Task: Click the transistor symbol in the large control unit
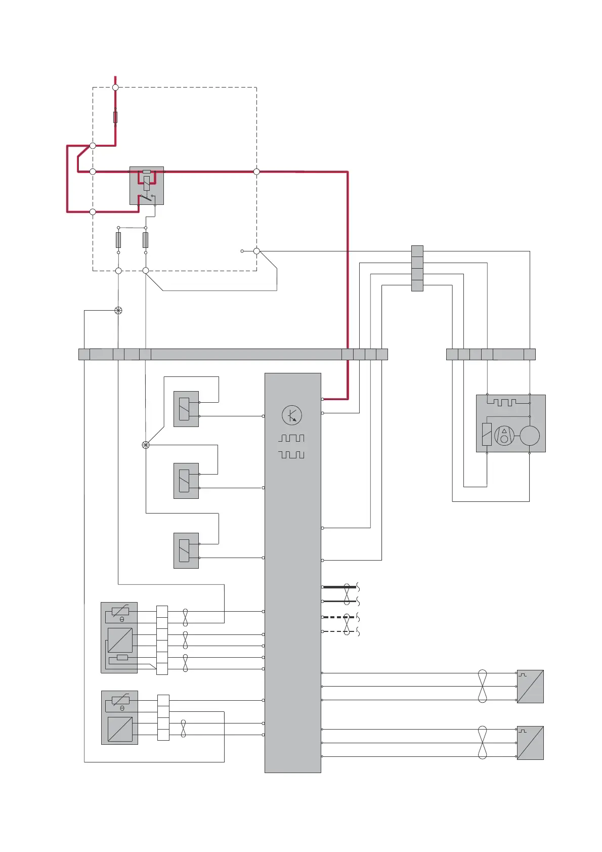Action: [x=291, y=415]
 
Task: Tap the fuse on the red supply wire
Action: [x=115, y=117]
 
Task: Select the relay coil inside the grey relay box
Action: [x=147, y=183]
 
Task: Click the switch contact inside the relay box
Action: [x=146, y=197]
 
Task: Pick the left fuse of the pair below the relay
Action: [x=118, y=240]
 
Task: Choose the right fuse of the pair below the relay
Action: [x=146, y=240]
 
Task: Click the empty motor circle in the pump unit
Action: [x=530, y=436]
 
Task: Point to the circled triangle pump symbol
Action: [x=504, y=436]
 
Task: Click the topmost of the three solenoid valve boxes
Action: [x=186, y=409]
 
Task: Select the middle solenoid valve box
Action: [x=186, y=481]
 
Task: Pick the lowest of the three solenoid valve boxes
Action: [x=186, y=550]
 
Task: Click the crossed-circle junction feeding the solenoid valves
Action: [x=146, y=445]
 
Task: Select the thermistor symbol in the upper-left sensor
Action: [x=120, y=612]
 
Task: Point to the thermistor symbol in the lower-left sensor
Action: [x=120, y=701]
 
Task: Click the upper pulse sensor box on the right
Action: [x=530, y=687]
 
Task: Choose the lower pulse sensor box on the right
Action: [x=530, y=743]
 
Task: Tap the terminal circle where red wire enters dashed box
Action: [x=115, y=88]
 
